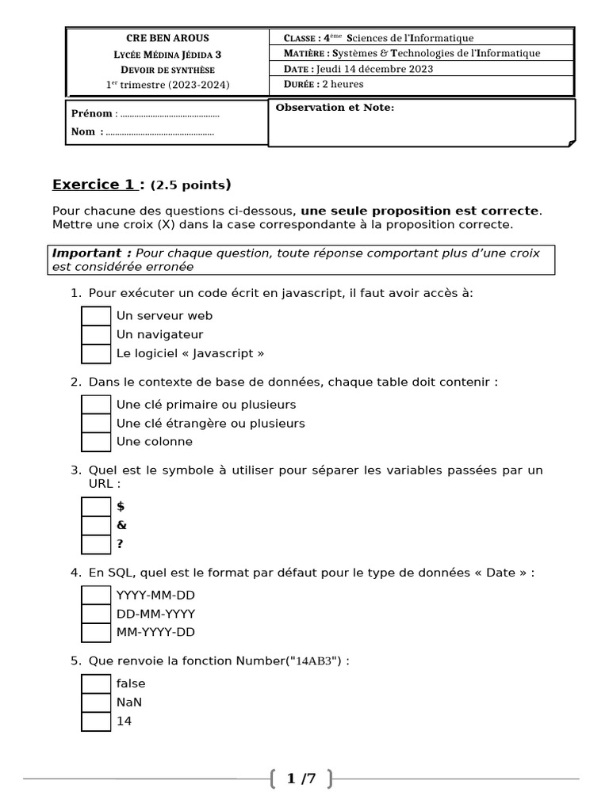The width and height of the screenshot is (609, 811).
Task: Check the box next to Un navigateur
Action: tap(96, 335)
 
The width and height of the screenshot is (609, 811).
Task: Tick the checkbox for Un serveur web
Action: tap(96, 316)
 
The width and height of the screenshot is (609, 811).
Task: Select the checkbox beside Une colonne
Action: tap(96, 442)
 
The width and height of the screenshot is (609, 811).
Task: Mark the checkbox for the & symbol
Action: tap(96, 525)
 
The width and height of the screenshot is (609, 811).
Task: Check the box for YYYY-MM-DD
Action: tap(96, 595)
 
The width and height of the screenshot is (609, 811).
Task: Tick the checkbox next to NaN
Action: tap(96, 702)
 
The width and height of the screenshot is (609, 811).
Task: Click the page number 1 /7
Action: tap(301, 779)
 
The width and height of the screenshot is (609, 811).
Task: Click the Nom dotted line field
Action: tap(159, 132)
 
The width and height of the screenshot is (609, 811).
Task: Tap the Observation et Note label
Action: tap(334, 108)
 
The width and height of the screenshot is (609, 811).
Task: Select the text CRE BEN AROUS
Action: tap(168, 38)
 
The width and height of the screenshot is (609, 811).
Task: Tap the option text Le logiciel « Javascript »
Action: tap(190, 353)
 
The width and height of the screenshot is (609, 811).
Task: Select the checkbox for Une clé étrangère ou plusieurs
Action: tap(96, 423)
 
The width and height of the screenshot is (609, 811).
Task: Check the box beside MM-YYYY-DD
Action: tap(96, 633)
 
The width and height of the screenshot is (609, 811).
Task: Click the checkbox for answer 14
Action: tap(96, 722)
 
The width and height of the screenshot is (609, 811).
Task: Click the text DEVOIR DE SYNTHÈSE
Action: tap(168, 70)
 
